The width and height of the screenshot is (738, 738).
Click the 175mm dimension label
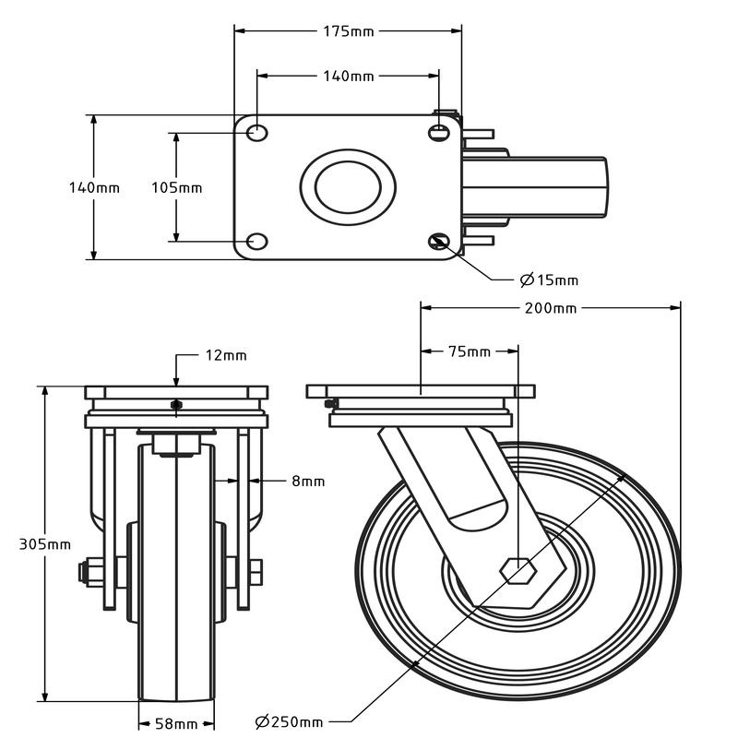pyautogui.click(x=348, y=31)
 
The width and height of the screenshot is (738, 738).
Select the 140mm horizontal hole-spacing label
pyautogui.click(x=348, y=77)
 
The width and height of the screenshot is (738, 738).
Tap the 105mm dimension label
pyautogui.click(x=176, y=188)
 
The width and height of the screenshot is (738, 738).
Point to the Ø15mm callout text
pyautogui.click(x=549, y=280)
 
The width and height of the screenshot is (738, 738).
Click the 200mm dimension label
pyautogui.click(x=550, y=308)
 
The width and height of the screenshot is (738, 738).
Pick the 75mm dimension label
pyautogui.click(x=470, y=351)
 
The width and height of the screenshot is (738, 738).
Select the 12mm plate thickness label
pyautogui.click(x=225, y=355)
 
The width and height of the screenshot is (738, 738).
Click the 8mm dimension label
pyautogui.click(x=308, y=481)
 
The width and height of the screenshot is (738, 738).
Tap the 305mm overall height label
pyautogui.click(x=45, y=544)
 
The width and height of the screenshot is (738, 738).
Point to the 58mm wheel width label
pyautogui.click(x=176, y=723)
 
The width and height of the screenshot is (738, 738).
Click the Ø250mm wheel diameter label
pyautogui.click(x=289, y=721)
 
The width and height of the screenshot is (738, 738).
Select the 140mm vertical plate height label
pyautogui.click(x=94, y=188)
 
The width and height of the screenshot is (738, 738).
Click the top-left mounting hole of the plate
pyautogui.click(x=257, y=133)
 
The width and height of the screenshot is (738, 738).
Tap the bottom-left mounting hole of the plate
pyautogui.click(x=257, y=243)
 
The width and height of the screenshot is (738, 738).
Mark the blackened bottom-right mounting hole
pyautogui.click(x=438, y=243)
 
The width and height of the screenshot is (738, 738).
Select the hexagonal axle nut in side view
pyautogui.click(x=518, y=571)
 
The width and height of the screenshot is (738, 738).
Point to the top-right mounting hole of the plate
pyautogui.click(x=438, y=133)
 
